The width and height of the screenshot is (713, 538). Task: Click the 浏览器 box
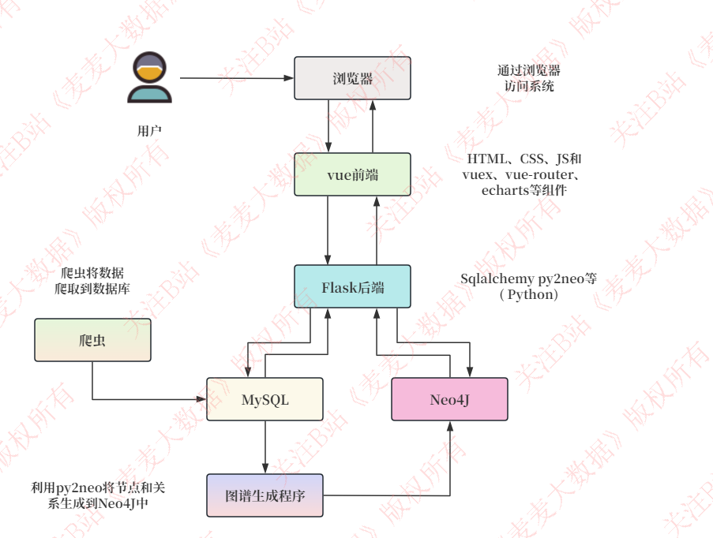click(x=352, y=78)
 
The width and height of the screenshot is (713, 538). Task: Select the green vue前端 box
click(x=352, y=174)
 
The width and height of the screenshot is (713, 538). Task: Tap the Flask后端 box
click(x=352, y=287)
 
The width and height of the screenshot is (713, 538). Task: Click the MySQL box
click(x=265, y=399)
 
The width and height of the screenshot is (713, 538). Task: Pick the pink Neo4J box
click(x=449, y=399)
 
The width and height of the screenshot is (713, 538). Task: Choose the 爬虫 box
click(x=92, y=340)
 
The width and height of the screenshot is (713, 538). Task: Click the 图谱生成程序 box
click(x=265, y=495)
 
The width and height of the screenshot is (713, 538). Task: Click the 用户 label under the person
click(x=149, y=131)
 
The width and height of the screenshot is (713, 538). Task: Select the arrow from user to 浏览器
click(x=237, y=78)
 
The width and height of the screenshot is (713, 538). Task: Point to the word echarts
click(x=507, y=190)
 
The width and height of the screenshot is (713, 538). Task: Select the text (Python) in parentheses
click(x=529, y=294)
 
